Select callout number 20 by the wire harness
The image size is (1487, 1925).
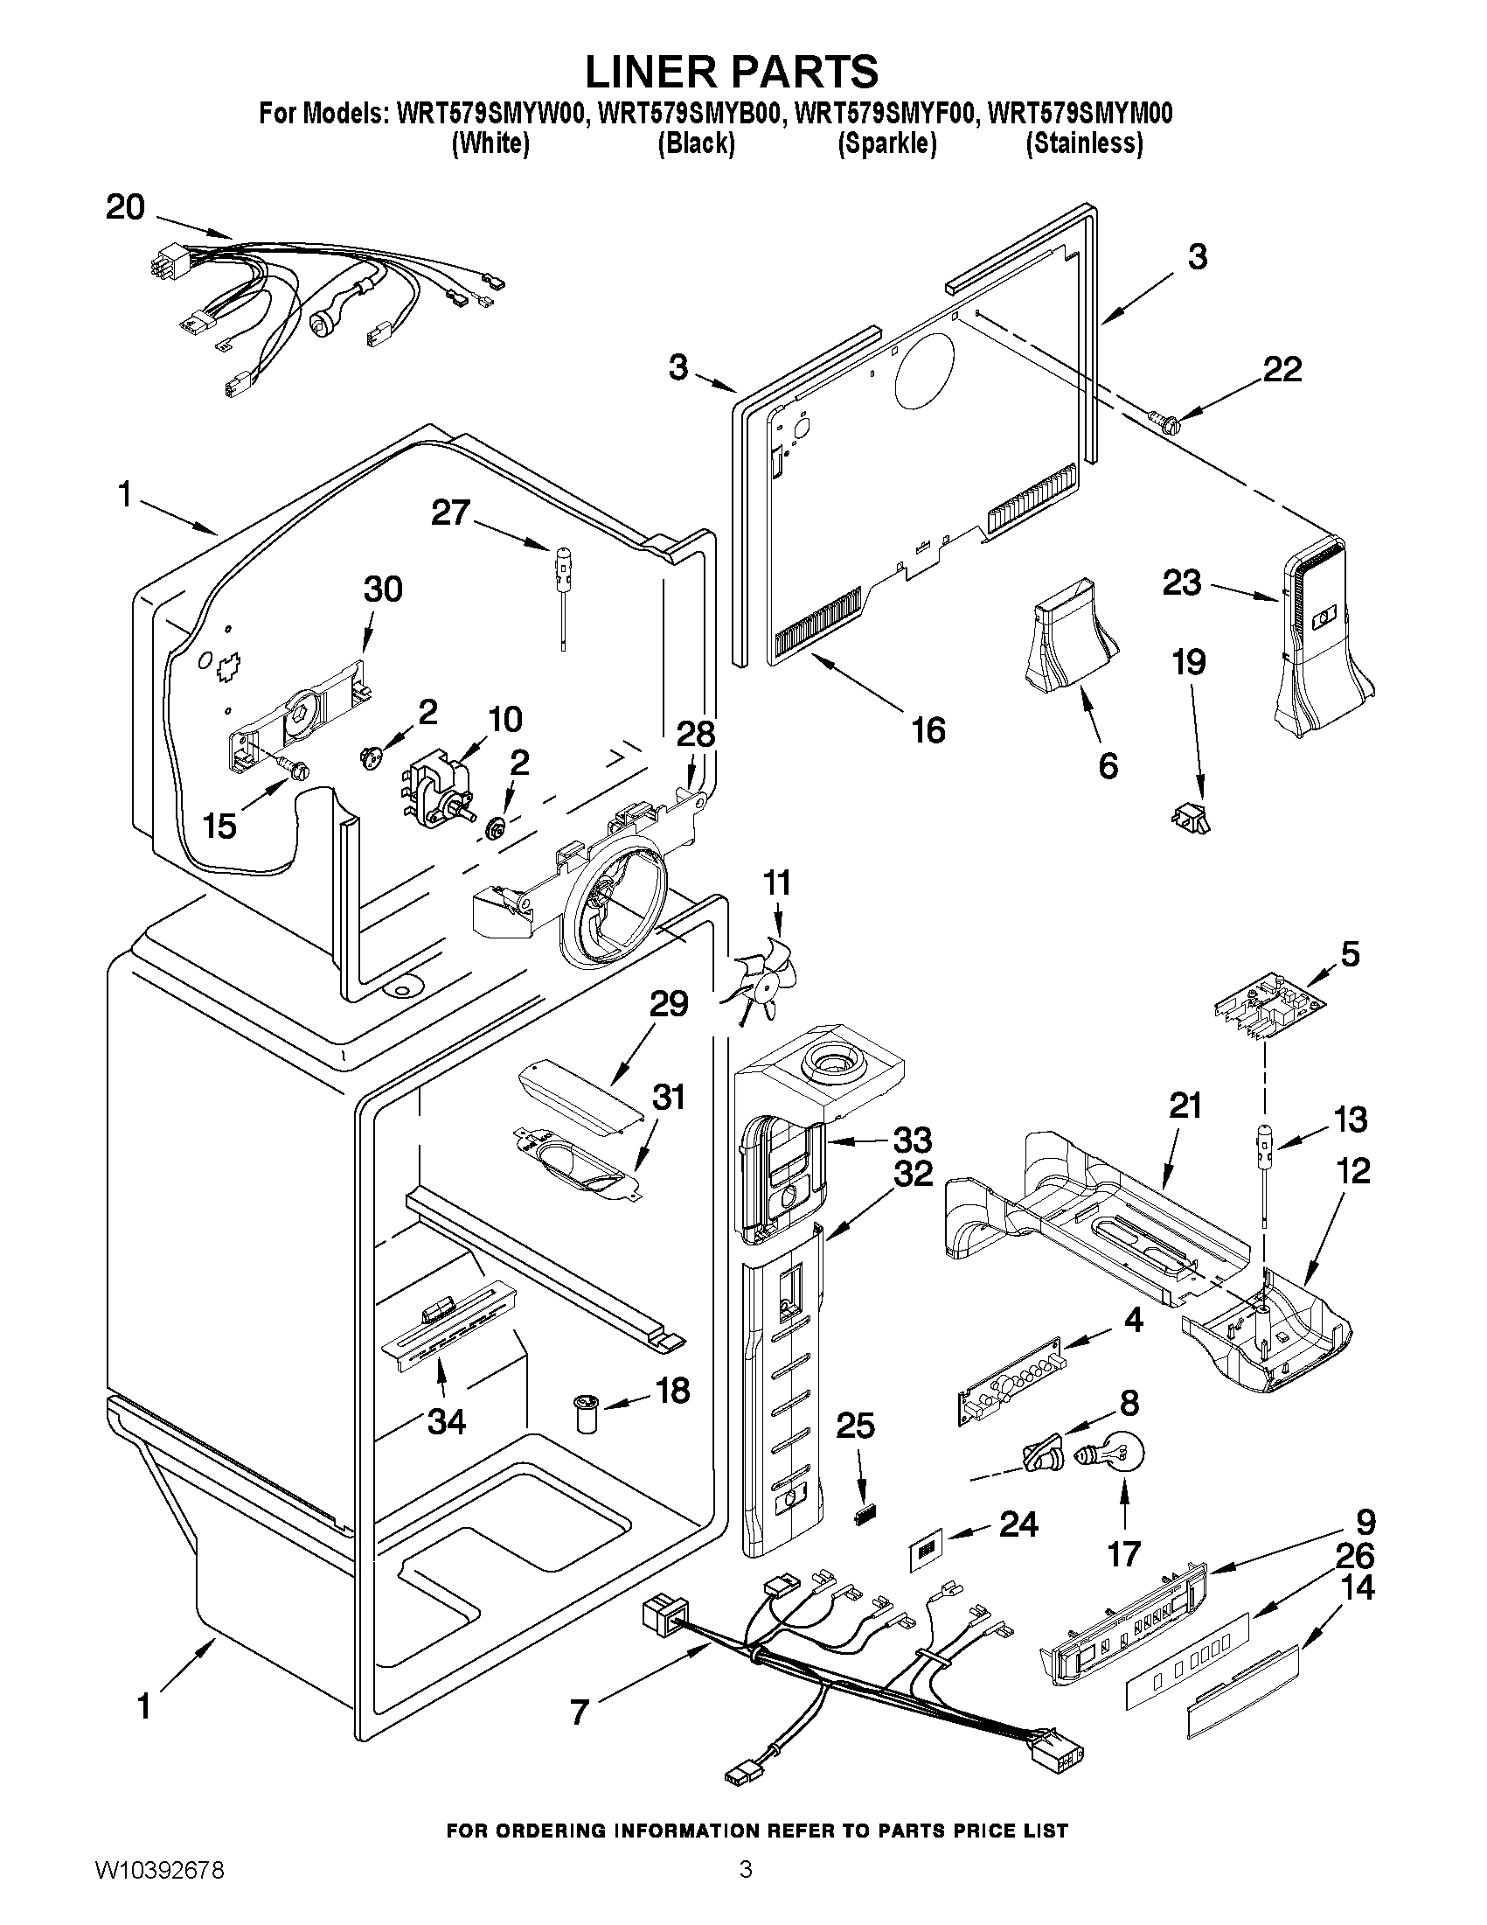pos(125,208)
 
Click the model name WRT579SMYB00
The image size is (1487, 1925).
pos(689,115)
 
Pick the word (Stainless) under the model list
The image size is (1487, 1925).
pos(1084,143)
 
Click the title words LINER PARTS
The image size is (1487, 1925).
pos(731,71)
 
